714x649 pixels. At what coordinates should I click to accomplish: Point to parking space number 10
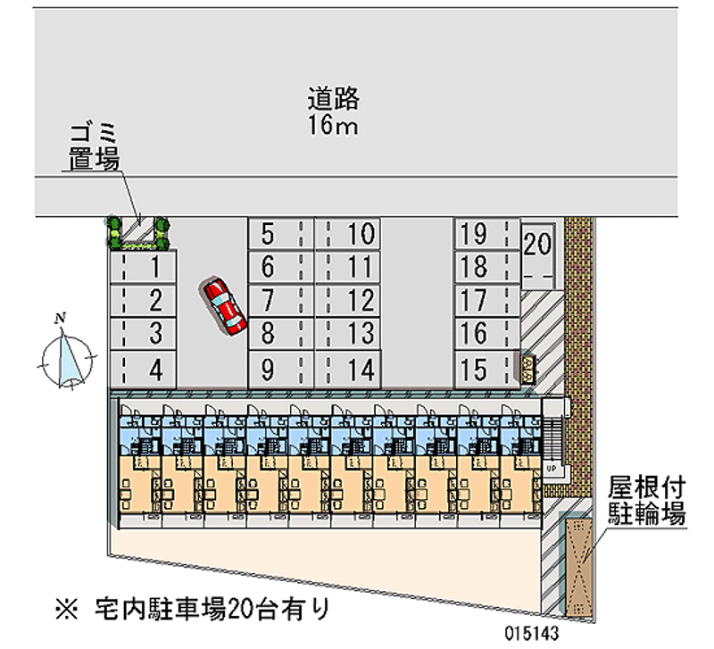348,234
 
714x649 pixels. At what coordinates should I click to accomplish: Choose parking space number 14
348,368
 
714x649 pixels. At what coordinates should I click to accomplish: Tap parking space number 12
348,300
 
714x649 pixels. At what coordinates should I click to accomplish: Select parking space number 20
537,251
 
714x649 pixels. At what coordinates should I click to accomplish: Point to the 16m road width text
334,126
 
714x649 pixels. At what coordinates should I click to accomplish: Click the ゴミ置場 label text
95,148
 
